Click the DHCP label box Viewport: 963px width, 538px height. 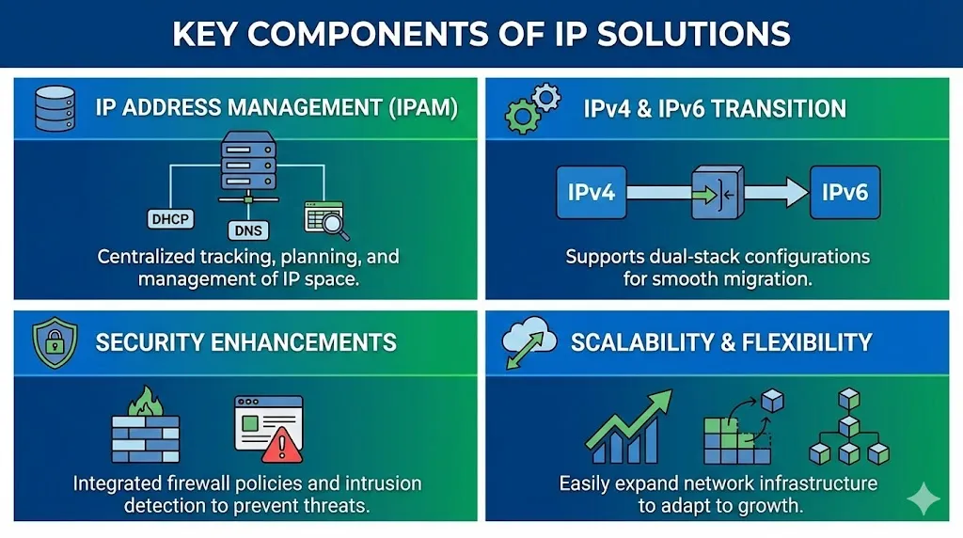click(x=169, y=219)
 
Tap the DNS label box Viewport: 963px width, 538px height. click(x=247, y=229)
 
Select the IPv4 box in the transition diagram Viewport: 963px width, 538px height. click(x=591, y=193)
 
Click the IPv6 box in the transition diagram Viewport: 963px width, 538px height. click(x=845, y=193)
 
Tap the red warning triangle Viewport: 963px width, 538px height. click(x=281, y=444)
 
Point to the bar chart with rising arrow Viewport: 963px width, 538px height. click(x=627, y=429)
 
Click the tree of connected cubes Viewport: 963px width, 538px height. click(x=849, y=427)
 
